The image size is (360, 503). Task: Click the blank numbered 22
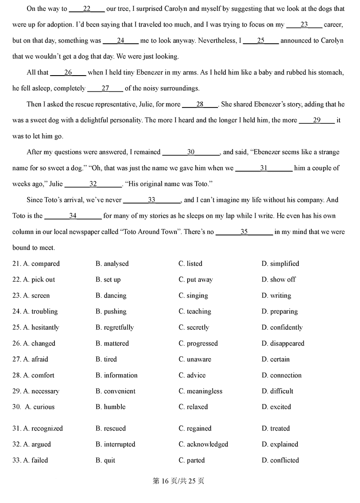[87, 9]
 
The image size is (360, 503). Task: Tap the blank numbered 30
[191, 153]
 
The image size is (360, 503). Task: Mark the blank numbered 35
[244, 232]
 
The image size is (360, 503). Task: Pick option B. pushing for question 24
[111, 311]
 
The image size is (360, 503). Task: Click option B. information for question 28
[116, 375]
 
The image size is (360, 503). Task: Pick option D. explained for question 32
[279, 444]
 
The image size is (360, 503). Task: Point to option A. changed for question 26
[39, 343]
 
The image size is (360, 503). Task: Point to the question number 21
[17, 264]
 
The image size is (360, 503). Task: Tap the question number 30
[17, 407]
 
